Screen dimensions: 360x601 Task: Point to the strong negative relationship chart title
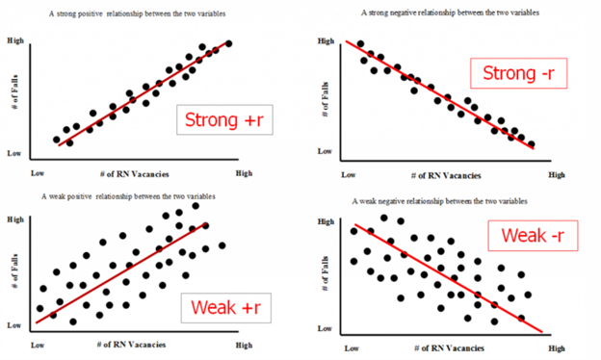[449, 13]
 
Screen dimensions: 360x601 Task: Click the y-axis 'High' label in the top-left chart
[15, 42]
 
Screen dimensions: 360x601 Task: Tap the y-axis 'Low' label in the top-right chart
[325, 152]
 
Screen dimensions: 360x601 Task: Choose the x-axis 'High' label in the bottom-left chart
[244, 344]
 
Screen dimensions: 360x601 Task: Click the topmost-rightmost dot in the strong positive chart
[229, 43]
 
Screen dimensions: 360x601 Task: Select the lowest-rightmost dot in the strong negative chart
[531, 144]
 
